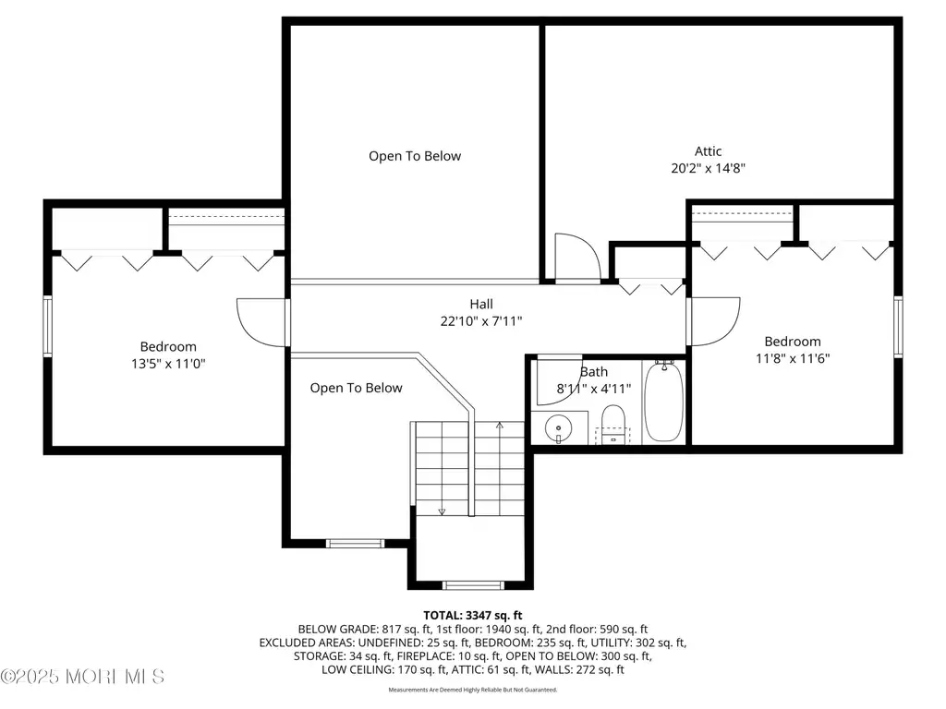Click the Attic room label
[708, 151]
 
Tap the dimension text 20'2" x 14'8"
[708, 168]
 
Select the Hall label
[480, 305]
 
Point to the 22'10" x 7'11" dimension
[480, 321]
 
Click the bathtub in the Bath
[663, 401]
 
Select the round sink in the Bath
[559, 428]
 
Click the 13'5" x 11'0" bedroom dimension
[168, 364]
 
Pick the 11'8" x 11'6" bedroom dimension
[792, 359]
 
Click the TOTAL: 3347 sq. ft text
[472, 616]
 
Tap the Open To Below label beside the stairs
[356, 389]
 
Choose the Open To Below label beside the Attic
[415, 156]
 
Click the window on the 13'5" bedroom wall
[47, 326]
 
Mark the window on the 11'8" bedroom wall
[898, 328]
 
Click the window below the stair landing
[473, 584]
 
